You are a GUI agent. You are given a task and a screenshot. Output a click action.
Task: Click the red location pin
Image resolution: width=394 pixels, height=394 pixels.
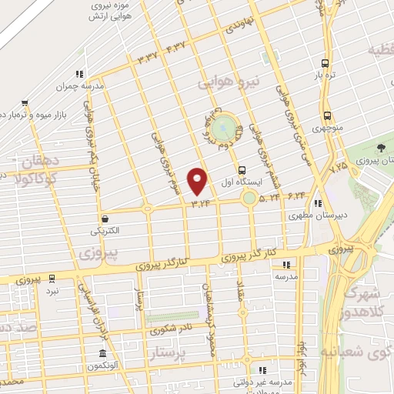tap(199, 181)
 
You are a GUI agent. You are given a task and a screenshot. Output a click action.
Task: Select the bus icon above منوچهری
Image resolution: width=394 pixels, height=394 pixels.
tap(327, 109)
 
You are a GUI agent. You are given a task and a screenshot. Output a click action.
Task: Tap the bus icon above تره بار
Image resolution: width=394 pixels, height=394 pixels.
tap(326, 63)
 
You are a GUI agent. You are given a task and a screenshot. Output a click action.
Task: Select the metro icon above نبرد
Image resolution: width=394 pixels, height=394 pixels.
tap(51, 279)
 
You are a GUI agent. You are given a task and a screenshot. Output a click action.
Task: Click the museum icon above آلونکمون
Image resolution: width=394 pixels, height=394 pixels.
tap(102, 353)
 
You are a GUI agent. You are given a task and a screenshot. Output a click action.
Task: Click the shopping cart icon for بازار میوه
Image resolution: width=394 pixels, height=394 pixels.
tap(25, 102)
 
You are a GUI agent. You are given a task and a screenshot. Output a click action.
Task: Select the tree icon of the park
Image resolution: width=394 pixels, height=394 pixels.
tap(381, 148)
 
